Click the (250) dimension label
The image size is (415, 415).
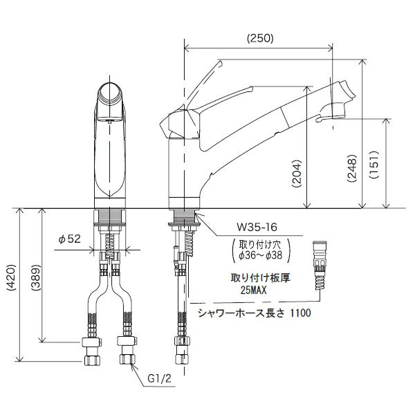point(260,39)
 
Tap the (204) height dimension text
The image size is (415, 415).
point(297,174)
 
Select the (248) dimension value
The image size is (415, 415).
point(352,168)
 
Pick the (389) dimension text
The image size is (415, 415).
point(35,277)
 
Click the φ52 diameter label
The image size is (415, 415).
point(69,239)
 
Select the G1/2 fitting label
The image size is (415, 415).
point(160,379)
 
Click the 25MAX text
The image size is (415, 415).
point(253,290)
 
